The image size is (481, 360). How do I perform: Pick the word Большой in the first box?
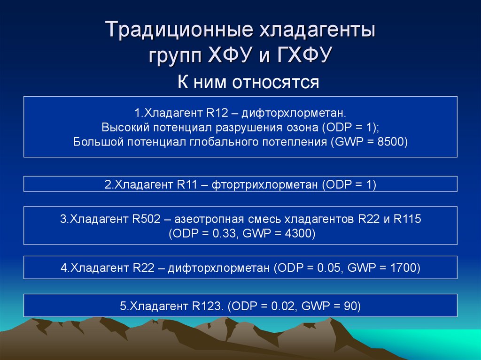pos(97,142)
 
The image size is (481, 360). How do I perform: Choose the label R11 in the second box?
pos(188,184)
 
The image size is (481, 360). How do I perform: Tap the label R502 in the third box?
pos(147,219)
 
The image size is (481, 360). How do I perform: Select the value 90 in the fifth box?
pos(349,306)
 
